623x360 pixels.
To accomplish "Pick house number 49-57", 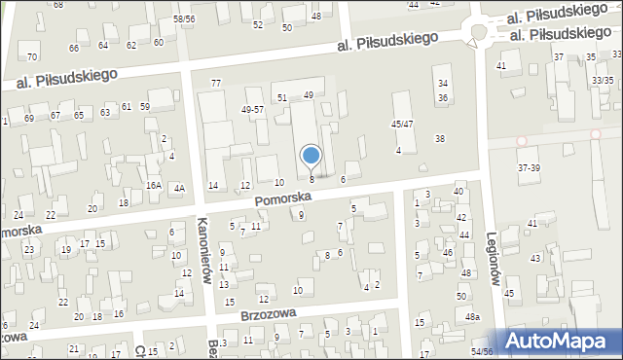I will pos(252,109).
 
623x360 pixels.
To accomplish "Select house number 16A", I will pos(153,184).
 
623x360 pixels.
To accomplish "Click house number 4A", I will pos(179,187).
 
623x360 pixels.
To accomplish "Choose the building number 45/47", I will pos(403,124).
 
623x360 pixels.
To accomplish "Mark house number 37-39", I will pos(530,167).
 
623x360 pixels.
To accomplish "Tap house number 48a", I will pos(472,317).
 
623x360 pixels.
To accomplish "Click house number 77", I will pos(215,83).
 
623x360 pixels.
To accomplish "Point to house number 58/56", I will pos(184,18).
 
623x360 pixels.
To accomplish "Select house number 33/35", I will pos(603,80).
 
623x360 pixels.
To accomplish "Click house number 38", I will pos(440,139).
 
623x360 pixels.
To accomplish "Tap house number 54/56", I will pos(482,351).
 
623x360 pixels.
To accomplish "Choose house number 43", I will pos(535,258).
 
